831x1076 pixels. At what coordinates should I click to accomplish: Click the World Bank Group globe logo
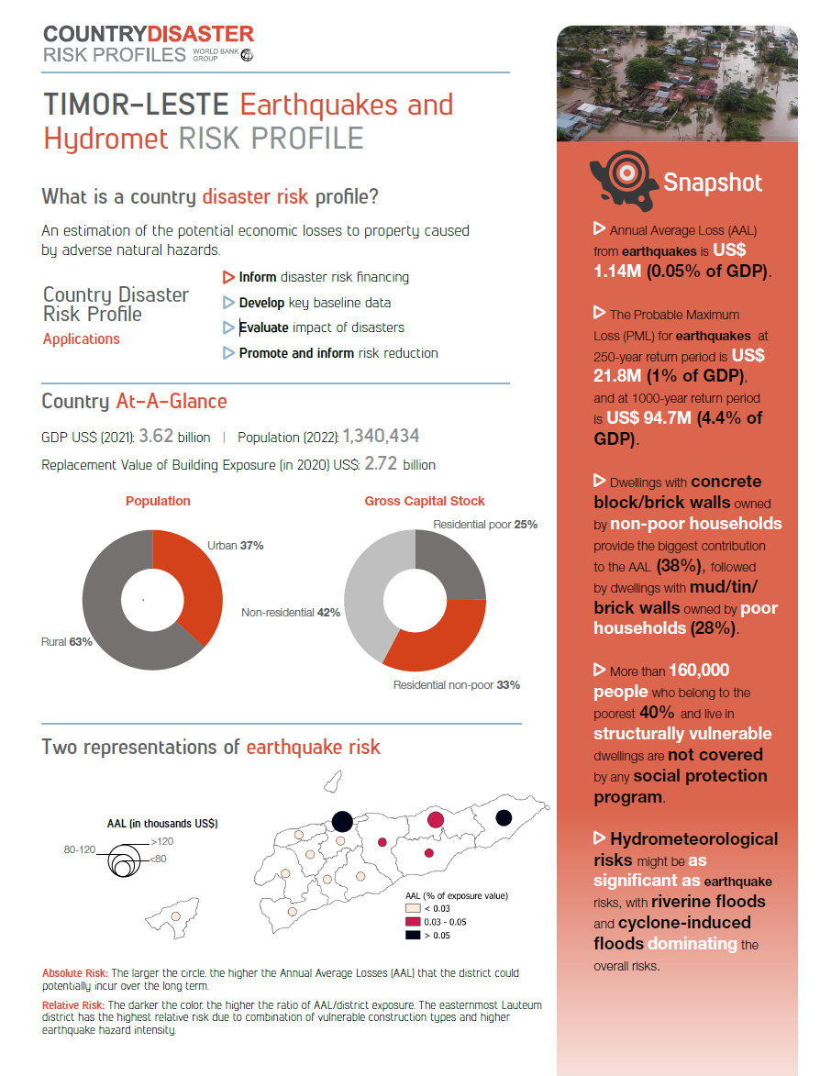pyautogui.click(x=246, y=55)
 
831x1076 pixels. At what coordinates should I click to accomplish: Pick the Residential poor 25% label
pyautogui.click(x=485, y=525)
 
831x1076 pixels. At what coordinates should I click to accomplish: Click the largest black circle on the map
pyautogui.click(x=342, y=820)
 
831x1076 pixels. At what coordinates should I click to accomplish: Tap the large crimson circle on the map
pyautogui.click(x=437, y=819)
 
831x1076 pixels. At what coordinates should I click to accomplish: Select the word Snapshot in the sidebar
pyautogui.click(x=713, y=183)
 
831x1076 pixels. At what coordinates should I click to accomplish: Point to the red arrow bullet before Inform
pyautogui.click(x=229, y=276)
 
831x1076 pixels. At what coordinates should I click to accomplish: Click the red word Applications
pyautogui.click(x=82, y=338)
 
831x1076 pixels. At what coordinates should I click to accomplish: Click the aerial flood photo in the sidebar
pyautogui.click(x=677, y=83)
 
